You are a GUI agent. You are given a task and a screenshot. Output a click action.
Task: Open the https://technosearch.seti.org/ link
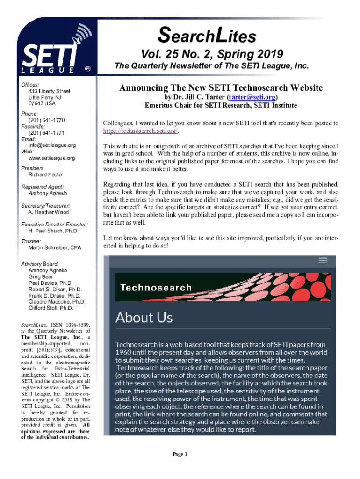pos(140,131)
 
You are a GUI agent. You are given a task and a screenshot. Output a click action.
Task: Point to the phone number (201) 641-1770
pos(47,120)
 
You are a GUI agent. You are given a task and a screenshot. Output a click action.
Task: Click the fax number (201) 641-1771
pos(47,132)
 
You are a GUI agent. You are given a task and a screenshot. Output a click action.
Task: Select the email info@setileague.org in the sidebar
pos(52,145)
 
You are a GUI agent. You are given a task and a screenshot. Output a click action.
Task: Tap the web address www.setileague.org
pos(51,158)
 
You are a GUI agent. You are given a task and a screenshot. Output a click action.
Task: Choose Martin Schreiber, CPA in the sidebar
pos(55,247)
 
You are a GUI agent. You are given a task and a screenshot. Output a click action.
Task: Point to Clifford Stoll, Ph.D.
pos(51,308)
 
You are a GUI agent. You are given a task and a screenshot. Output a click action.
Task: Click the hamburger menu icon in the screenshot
pos(323,261)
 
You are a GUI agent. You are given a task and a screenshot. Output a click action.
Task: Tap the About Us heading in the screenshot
pos(144,318)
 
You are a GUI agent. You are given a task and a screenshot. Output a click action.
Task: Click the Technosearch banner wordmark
pos(156,287)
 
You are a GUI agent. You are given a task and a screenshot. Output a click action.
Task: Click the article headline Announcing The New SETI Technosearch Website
pos(221,88)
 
